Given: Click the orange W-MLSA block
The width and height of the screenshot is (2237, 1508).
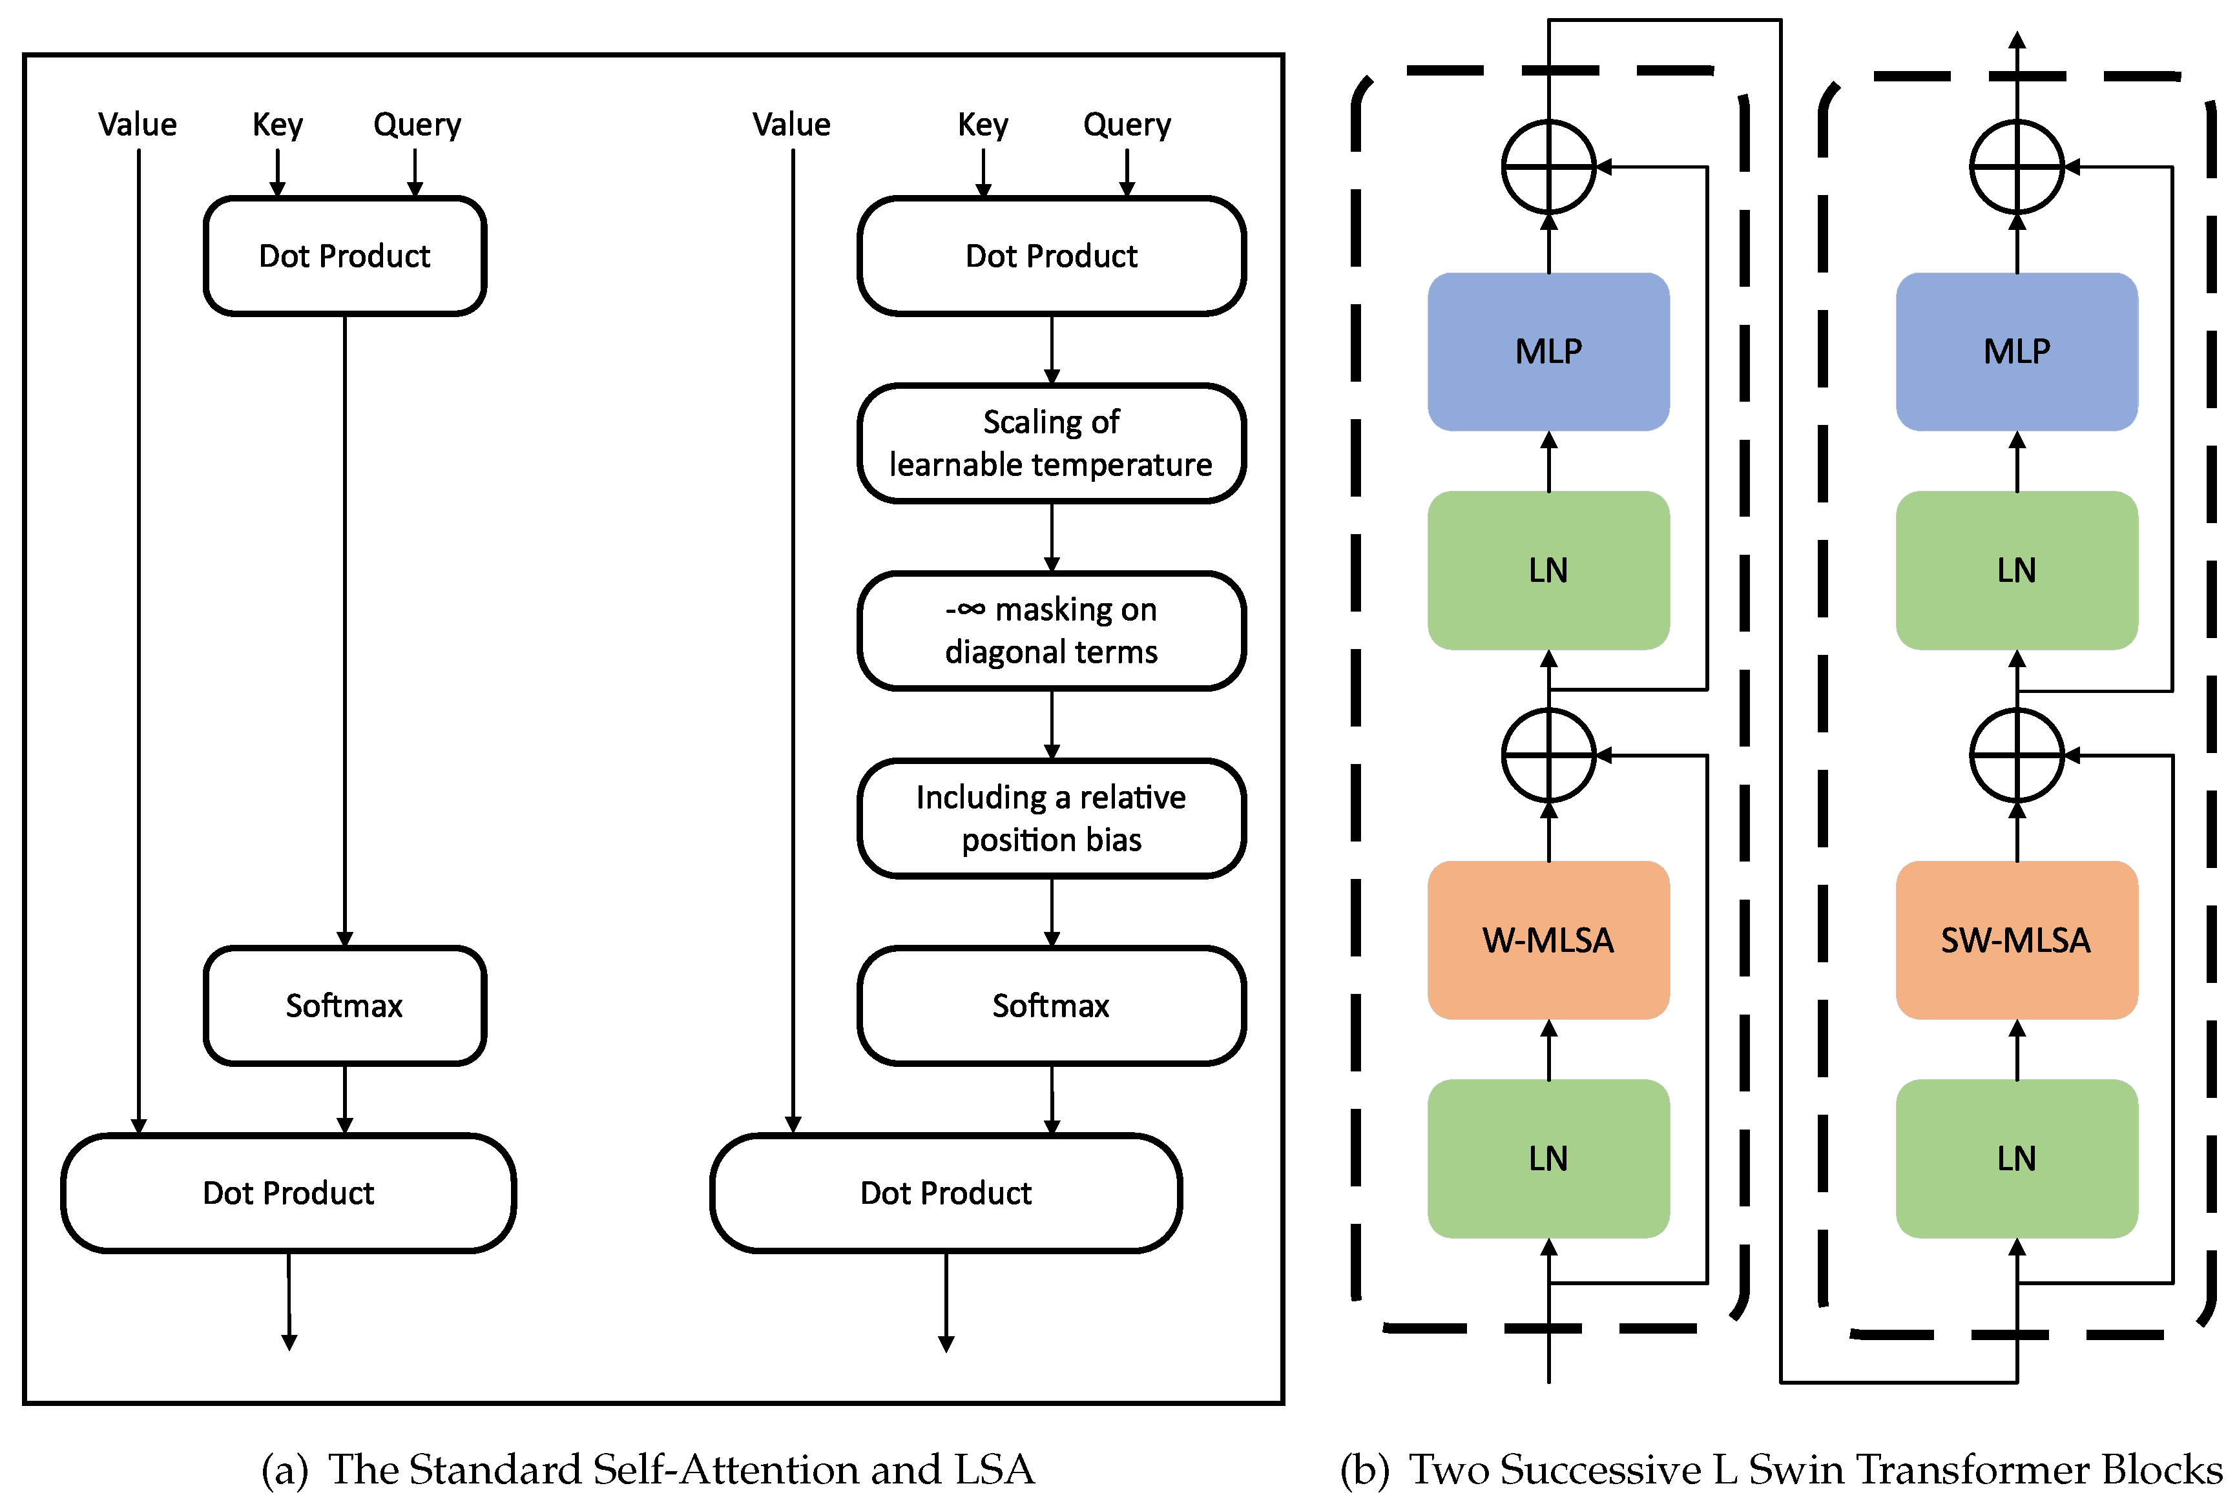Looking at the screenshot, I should [x=1548, y=940].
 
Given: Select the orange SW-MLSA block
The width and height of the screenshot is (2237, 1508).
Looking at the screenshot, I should [x=2016, y=940].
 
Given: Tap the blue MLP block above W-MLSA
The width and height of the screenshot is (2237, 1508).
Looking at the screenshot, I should [x=1548, y=351].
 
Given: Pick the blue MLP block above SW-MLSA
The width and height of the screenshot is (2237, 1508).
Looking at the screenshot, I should [x=2016, y=351].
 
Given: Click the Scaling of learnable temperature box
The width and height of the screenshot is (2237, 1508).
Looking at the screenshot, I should [x=1051, y=444].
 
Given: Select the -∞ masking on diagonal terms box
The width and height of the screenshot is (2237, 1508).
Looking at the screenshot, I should [x=1051, y=631].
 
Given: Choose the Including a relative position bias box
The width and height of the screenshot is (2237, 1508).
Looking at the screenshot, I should [x=1051, y=818].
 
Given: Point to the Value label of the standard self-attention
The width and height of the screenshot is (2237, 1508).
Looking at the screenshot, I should [x=138, y=125].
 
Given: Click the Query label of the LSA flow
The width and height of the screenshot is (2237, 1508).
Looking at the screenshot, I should [x=1127, y=125].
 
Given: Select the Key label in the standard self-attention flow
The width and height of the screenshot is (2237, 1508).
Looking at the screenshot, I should [x=277, y=125].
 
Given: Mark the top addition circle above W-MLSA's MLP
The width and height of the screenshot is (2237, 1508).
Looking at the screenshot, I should [x=1548, y=167].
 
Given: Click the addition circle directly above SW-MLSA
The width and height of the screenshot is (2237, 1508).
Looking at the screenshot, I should [x=2017, y=756].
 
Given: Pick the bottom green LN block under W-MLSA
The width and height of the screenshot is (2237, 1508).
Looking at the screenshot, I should [x=1548, y=1158].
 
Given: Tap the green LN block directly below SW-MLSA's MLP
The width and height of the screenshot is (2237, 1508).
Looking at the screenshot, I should [x=2016, y=570].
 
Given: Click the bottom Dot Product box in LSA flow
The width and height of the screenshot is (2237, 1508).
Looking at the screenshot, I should [x=946, y=1193].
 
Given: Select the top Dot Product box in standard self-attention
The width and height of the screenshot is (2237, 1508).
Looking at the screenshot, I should [x=344, y=256].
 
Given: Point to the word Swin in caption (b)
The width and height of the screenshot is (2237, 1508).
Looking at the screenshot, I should [x=1796, y=1469].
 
